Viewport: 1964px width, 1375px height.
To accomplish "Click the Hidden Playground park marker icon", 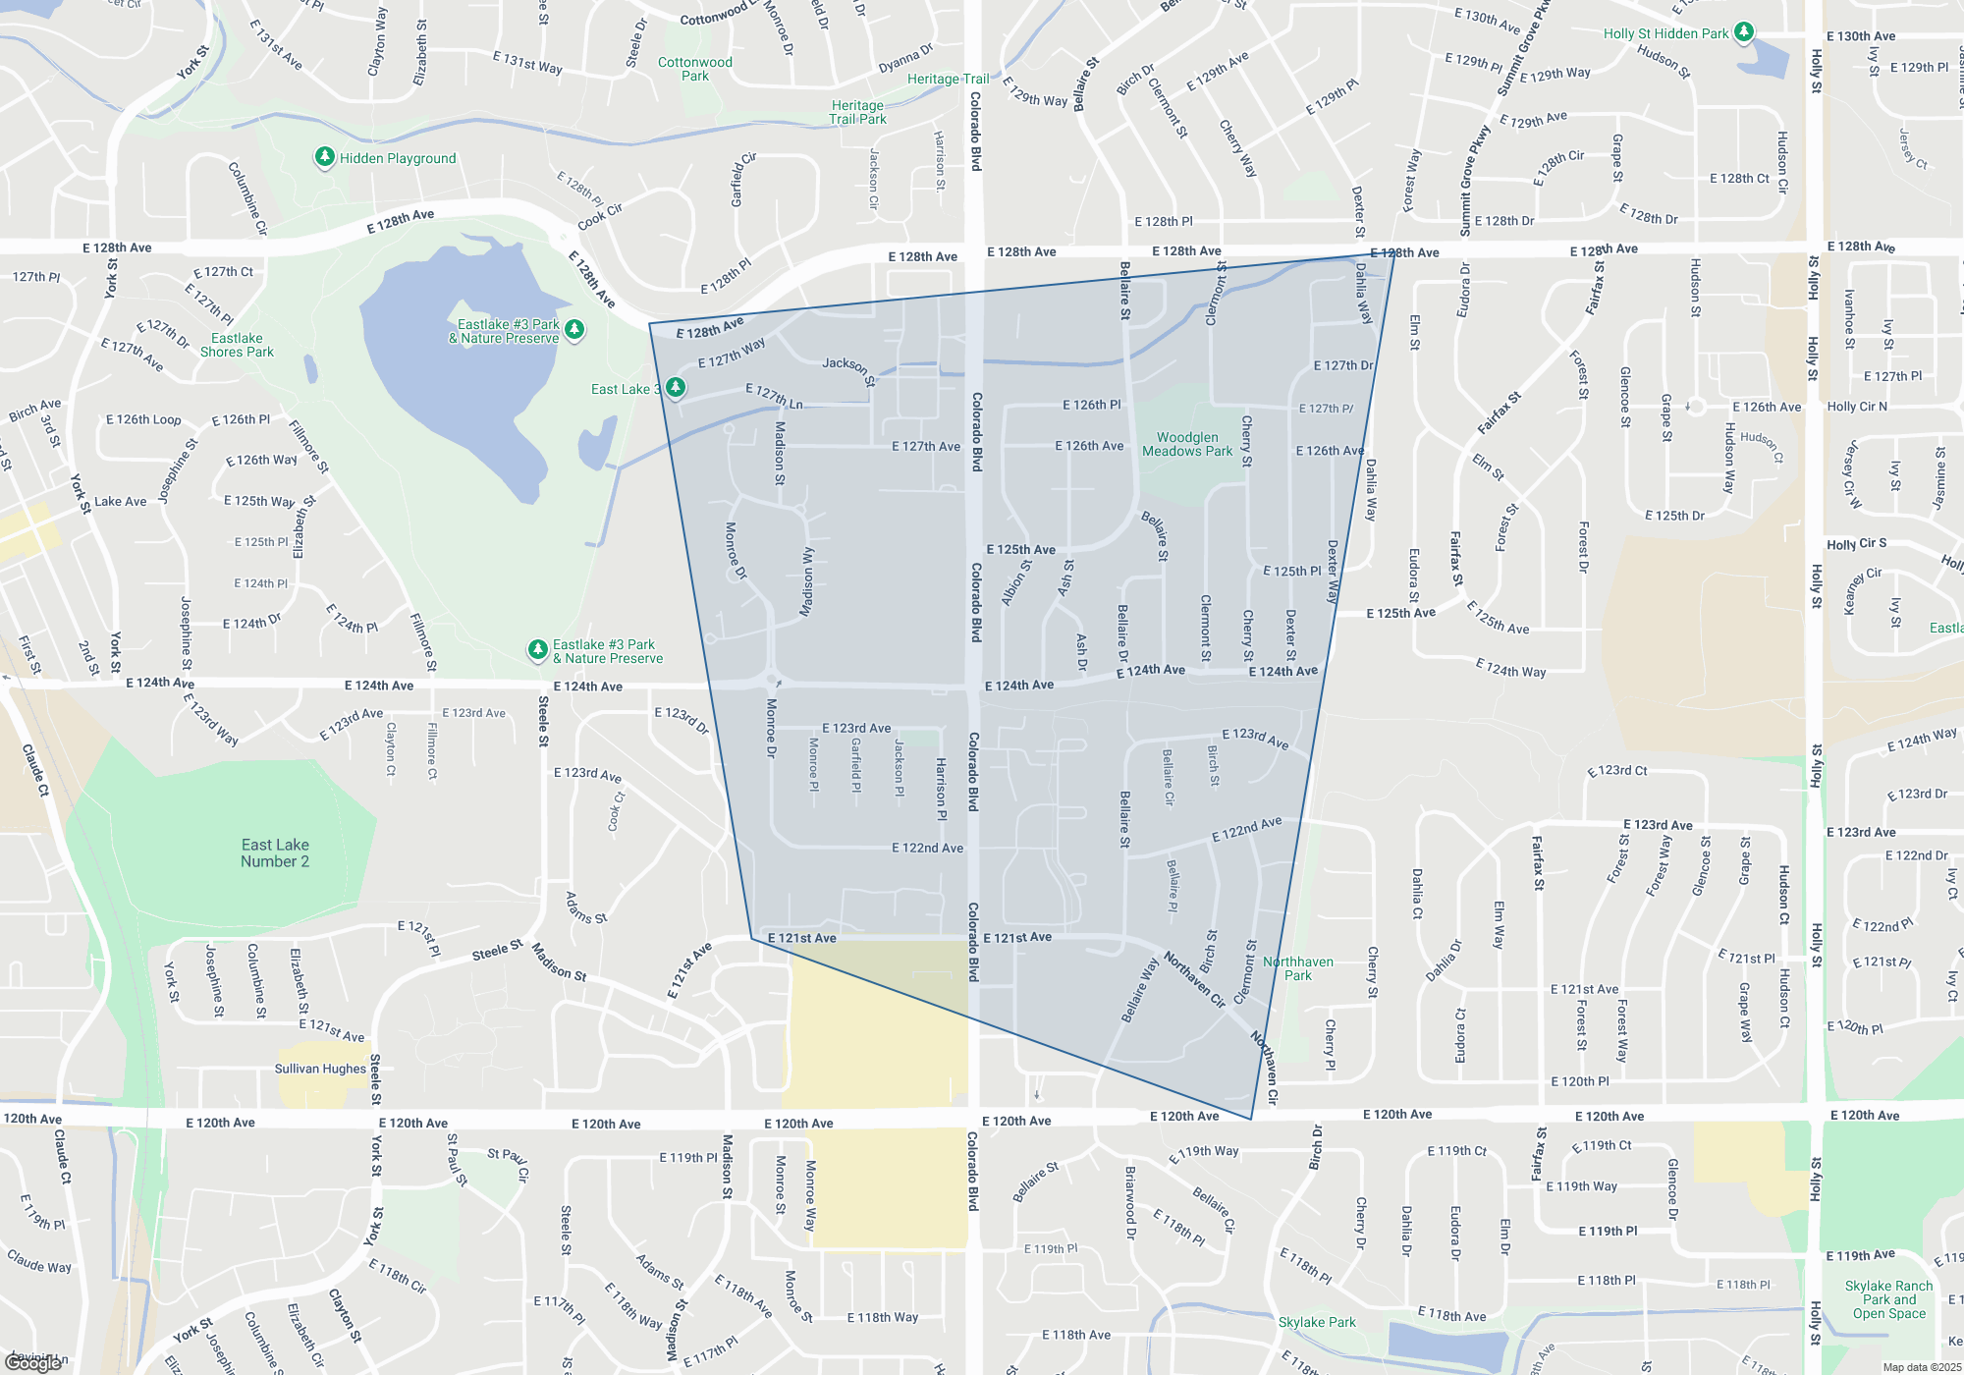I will point(325,157).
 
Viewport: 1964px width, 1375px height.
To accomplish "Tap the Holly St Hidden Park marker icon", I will point(1743,32).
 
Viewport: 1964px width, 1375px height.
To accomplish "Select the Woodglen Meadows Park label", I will point(1186,444).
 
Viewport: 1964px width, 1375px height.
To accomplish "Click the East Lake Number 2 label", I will point(275,852).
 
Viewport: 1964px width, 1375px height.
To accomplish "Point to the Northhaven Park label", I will point(1297,968).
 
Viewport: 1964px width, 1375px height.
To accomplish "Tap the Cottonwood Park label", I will point(694,69).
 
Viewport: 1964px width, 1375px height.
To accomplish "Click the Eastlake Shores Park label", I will point(237,345).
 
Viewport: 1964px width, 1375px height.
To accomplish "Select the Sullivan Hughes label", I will point(320,1069).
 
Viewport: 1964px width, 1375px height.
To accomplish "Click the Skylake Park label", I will point(1316,1322).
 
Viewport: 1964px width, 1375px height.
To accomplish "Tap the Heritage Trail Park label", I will point(857,112).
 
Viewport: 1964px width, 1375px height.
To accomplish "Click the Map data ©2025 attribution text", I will point(1921,1367).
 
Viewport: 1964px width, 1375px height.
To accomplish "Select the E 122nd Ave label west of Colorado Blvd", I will point(927,848).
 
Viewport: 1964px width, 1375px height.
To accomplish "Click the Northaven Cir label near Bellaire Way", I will point(1194,979).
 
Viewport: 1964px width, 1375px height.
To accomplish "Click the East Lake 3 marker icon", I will point(676,388).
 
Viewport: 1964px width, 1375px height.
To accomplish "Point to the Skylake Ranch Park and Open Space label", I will point(1888,1299).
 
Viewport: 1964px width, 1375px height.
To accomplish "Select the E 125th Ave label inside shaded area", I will point(1020,550).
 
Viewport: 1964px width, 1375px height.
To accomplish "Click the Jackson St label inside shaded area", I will point(848,369).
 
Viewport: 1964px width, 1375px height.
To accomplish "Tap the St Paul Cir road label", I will point(508,1163).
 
